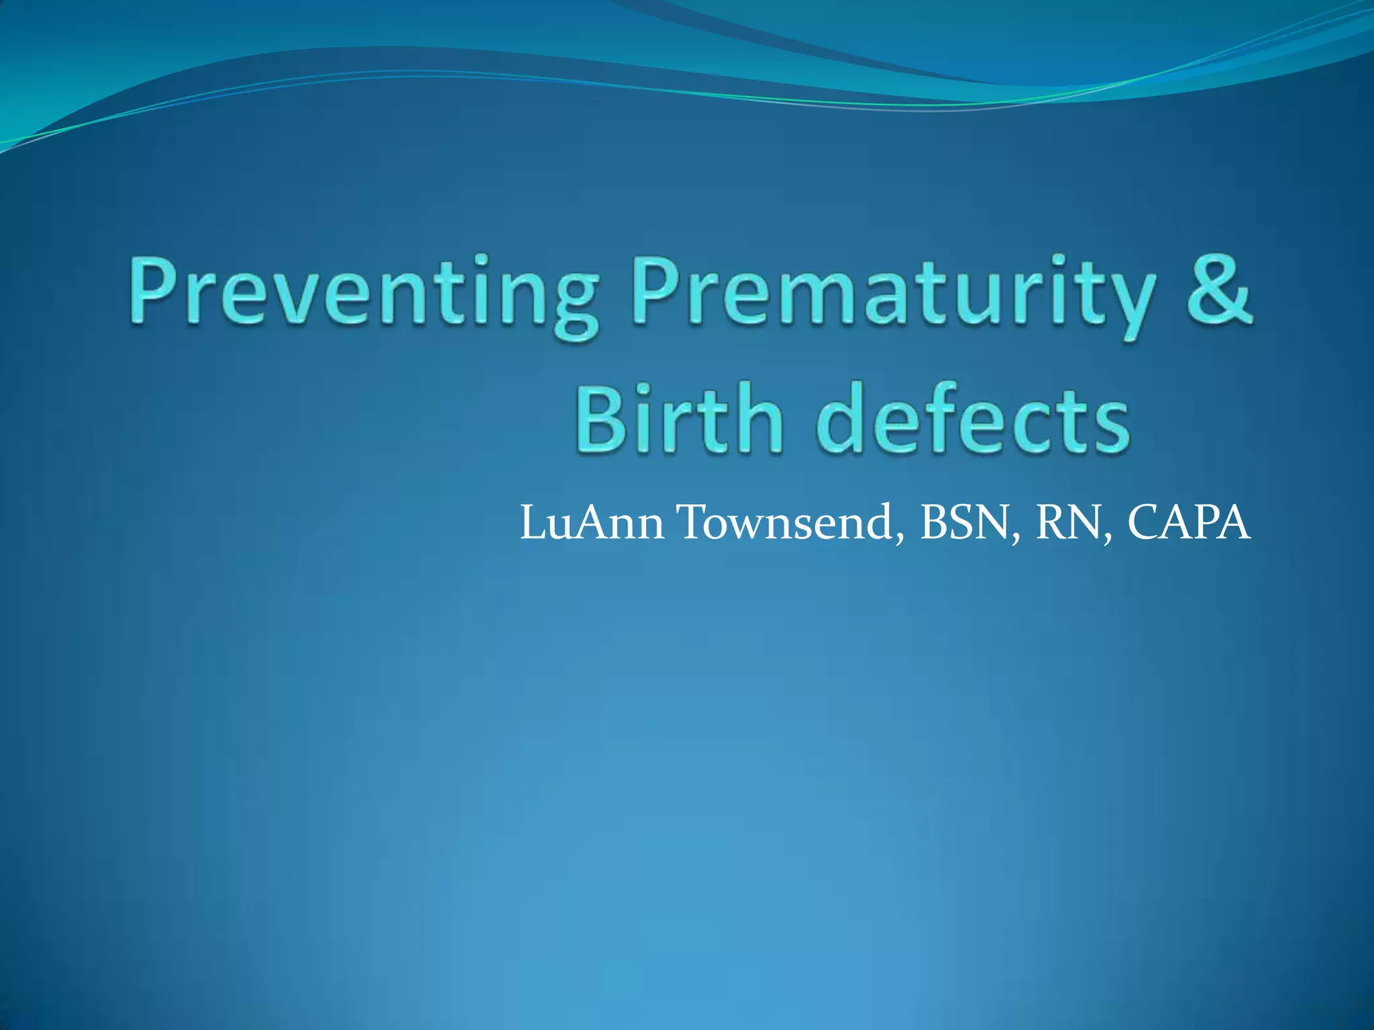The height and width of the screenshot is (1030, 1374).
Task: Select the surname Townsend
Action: [785, 523]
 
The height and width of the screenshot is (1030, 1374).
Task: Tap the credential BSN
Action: [963, 523]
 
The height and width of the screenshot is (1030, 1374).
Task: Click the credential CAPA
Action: [1188, 523]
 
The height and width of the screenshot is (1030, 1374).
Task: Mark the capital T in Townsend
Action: [694, 523]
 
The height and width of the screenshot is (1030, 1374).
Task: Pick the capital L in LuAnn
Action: [533, 523]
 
